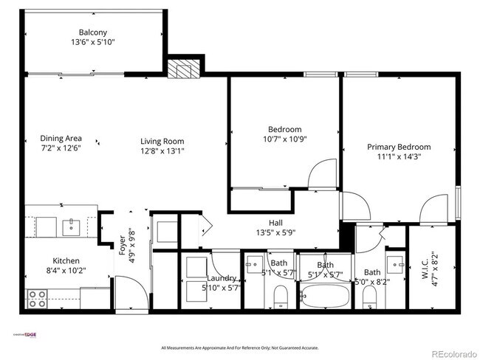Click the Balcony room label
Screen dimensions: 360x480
(x=93, y=32)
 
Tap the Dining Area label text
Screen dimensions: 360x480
(x=61, y=138)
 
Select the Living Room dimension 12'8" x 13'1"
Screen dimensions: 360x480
(x=162, y=151)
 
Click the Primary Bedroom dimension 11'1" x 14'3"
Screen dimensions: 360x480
(x=399, y=157)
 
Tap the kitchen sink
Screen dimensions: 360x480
(x=72, y=225)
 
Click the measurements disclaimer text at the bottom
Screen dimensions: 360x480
(x=239, y=347)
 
